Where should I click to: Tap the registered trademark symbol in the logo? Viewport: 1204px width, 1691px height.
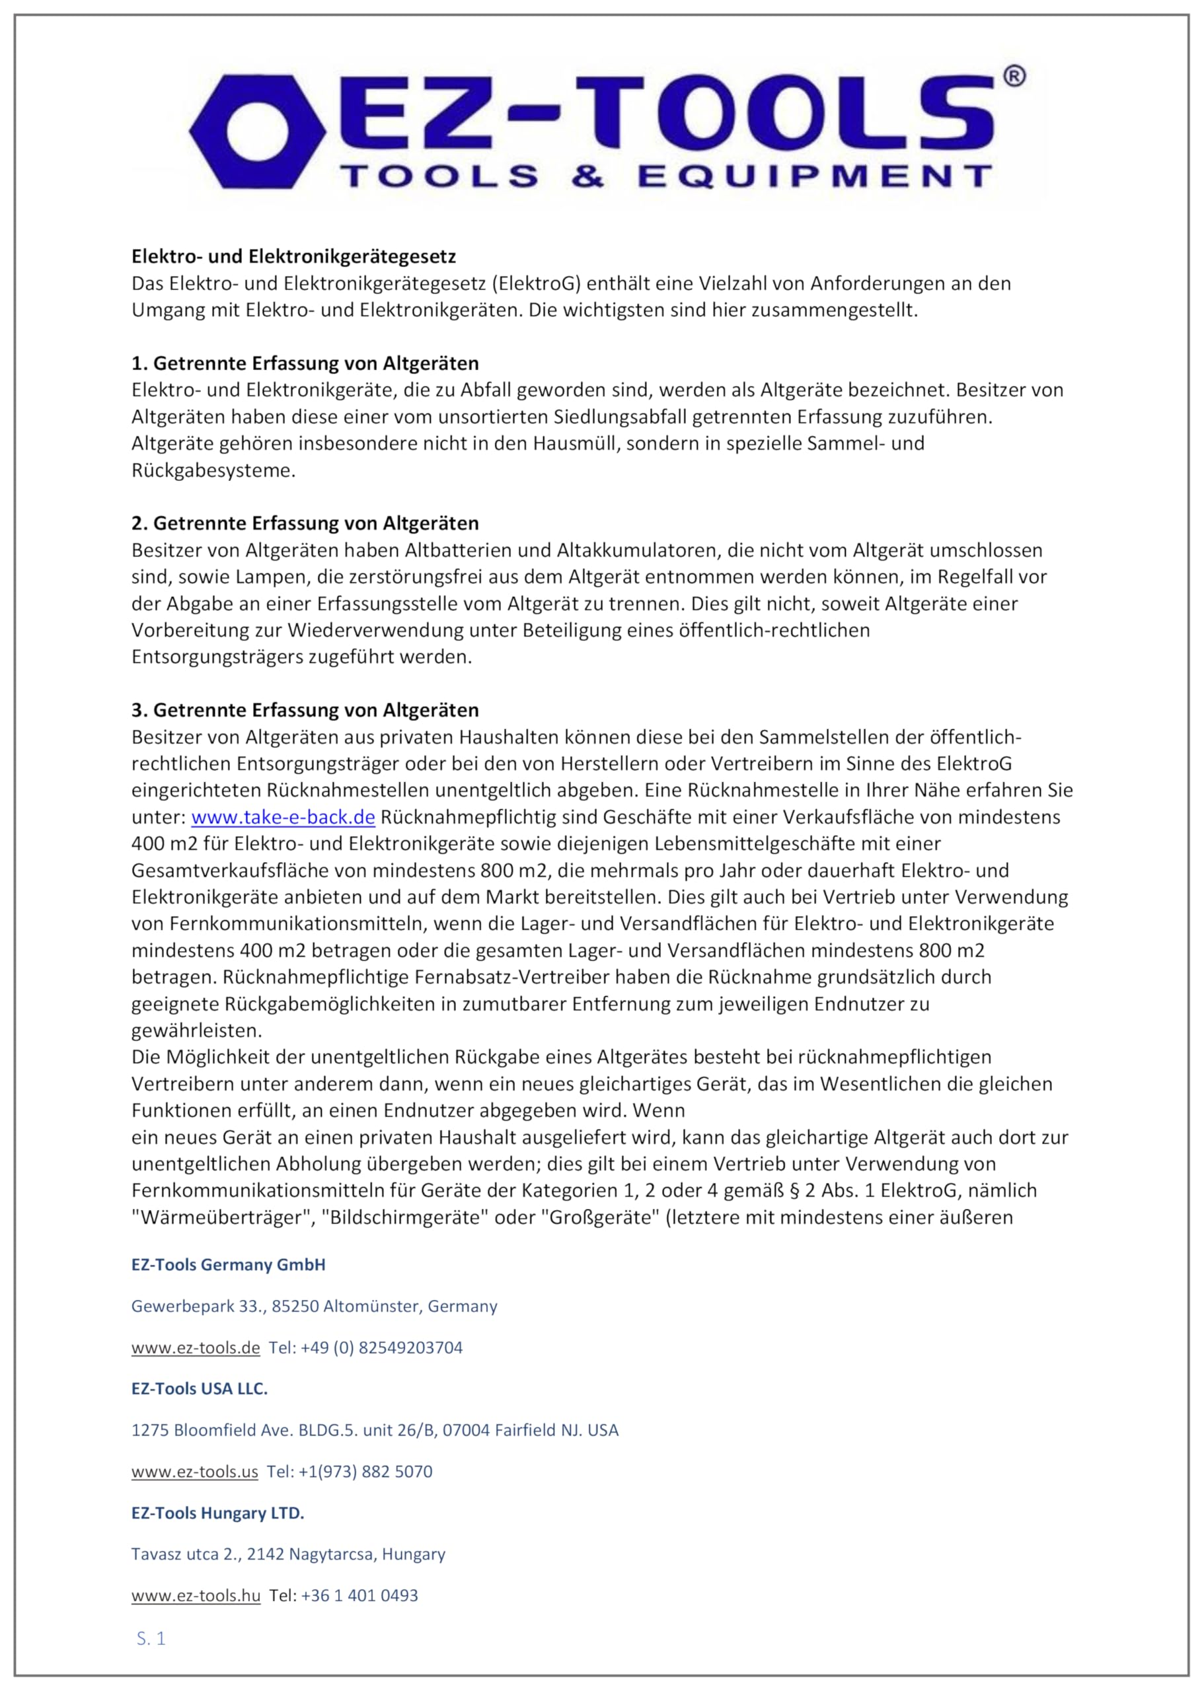click(x=1014, y=77)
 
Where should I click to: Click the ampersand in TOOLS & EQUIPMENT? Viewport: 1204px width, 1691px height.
click(x=588, y=177)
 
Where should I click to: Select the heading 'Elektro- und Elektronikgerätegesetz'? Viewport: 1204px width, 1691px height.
click(x=293, y=256)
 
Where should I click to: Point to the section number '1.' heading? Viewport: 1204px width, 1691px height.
click(x=139, y=363)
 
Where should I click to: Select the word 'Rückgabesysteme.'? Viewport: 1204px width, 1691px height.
click(x=213, y=470)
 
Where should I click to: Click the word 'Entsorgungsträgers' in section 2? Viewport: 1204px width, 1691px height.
click(x=215, y=657)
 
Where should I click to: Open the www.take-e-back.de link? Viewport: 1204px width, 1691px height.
click(x=283, y=816)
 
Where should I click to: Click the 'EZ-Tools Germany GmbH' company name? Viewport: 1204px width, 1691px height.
click(x=229, y=1264)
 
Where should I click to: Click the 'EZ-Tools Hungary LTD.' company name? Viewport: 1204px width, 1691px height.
click(x=218, y=1513)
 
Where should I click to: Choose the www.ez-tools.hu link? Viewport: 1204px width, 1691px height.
click(x=196, y=1595)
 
